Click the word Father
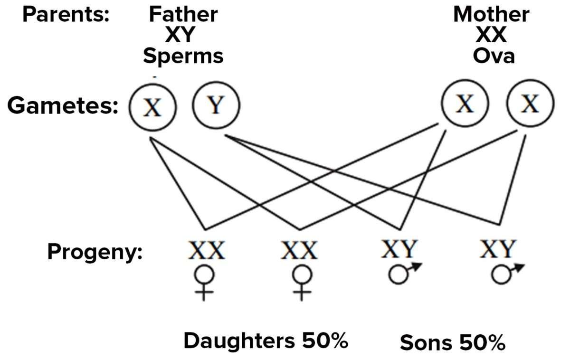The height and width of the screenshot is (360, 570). pyautogui.click(x=183, y=14)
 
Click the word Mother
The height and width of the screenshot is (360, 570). pyautogui.click(x=491, y=14)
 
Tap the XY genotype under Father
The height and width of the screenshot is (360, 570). pyautogui.click(x=183, y=35)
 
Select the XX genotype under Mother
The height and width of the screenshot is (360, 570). pyautogui.click(x=491, y=35)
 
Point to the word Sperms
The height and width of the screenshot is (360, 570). pyautogui.click(x=183, y=56)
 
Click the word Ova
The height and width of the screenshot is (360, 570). pyautogui.click(x=494, y=56)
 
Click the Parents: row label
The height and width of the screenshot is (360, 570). pyautogui.click(x=66, y=14)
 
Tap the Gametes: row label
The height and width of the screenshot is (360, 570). pyautogui.click(x=63, y=106)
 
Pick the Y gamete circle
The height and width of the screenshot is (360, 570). pyautogui.click(x=216, y=105)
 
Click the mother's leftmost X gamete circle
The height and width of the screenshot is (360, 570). pyautogui.click(x=465, y=105)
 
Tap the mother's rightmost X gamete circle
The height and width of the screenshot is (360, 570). pyautogui.click(x=530, y=105)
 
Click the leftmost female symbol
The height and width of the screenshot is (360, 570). pyautogui.click(x=205, y=283)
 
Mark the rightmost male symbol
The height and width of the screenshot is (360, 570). pyautogui.click(x=506, y=273)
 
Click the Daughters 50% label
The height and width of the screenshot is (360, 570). pyautogui.click(x=266, y=341)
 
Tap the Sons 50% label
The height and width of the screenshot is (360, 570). pyautogui.click(x=452, y=342)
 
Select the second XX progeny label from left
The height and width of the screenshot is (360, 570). pyautogui.click(x=299, y=250)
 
